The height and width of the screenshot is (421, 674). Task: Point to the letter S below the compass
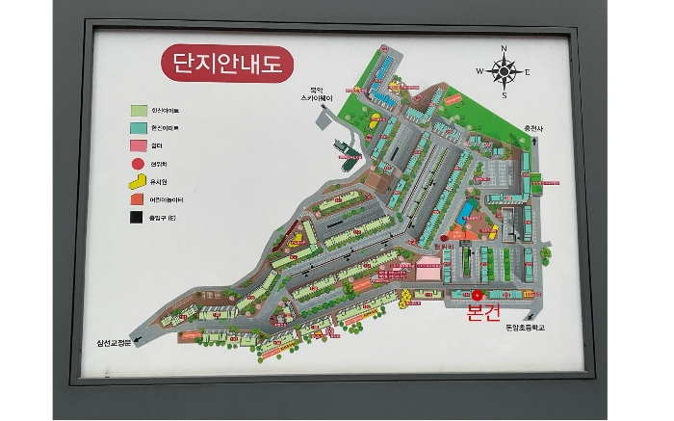click(504, 94)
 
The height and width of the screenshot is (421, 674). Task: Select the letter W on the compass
click(480, 71)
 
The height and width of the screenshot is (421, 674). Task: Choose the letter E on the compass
click(528, 72)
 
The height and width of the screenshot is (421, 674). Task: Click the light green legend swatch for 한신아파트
click(140, 110)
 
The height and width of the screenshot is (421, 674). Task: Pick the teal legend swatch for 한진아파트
click(140, 127)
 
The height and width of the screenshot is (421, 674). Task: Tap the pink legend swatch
click(140, 145)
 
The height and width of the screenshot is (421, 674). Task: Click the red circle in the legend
click(140, 162)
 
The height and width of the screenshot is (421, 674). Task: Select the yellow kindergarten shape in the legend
click(140, 180)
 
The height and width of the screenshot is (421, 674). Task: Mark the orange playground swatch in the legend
click(140, 198)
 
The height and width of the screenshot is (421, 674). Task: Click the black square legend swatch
click(140, 217)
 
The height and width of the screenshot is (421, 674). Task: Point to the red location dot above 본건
click(477, 294)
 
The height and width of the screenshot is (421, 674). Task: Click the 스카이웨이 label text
click(316, 98)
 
